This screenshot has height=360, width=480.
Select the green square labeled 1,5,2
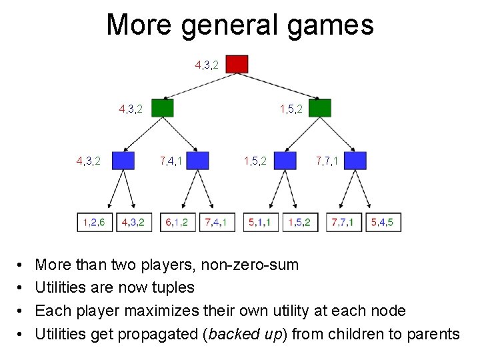[x=320, y=107]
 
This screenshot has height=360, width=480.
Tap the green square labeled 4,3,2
[x=163, y=107]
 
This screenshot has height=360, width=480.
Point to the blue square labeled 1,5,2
[x=285, y=161]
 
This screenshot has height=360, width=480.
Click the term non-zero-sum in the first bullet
[x=252, y=265]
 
